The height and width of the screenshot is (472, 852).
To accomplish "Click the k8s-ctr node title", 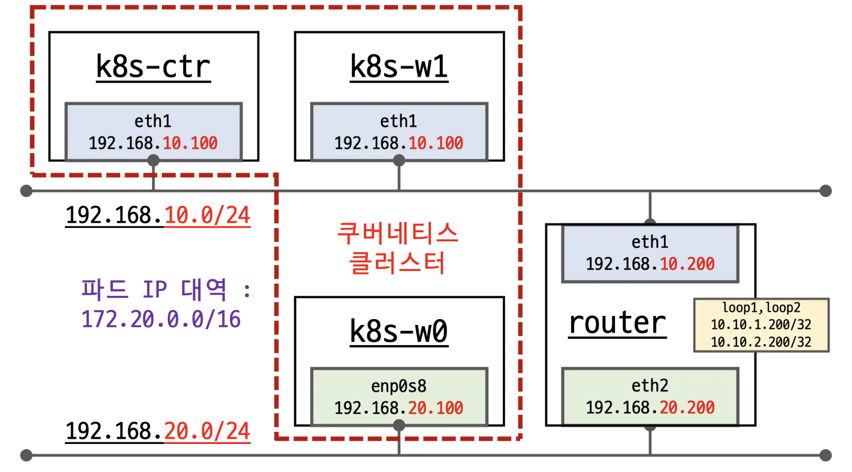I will (x=153, y=67).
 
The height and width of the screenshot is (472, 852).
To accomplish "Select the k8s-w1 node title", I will (x=399, y=67).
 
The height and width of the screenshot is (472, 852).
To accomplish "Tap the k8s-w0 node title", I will (x=399, y=332).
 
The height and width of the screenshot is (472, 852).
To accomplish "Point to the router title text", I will (x=617, y=323).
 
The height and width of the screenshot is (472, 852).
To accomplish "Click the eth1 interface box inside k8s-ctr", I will (x=153, y=132).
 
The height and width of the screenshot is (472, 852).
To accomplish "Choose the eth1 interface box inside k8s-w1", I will (x=399, y=132).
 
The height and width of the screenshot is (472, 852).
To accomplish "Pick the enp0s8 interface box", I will (x=399, y=397).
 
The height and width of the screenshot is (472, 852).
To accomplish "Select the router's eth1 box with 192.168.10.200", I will (x=650, y=253).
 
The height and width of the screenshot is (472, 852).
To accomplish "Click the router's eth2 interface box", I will (x=650, y=397).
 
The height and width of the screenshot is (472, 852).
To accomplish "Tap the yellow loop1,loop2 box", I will (x=761, y=325).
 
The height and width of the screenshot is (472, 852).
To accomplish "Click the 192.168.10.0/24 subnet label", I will (x=158, y=215).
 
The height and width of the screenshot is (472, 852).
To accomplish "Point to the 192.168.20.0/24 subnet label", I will (x=158, y=431).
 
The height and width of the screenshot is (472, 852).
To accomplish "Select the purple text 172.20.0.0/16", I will (x=161, y=319).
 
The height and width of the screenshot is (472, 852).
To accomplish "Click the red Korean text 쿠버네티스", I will (x=398, y=233).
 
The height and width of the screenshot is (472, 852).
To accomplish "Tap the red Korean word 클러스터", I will (x=398, y=263).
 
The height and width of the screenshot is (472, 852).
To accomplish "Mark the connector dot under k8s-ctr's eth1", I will (x=153, y=160).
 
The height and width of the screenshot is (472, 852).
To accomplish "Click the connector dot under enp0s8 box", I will (x=399, y=425).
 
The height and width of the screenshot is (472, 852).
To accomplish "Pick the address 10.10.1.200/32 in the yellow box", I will (x=761, y=324).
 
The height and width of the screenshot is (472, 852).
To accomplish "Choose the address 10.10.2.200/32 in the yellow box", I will (x=761, y=342).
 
